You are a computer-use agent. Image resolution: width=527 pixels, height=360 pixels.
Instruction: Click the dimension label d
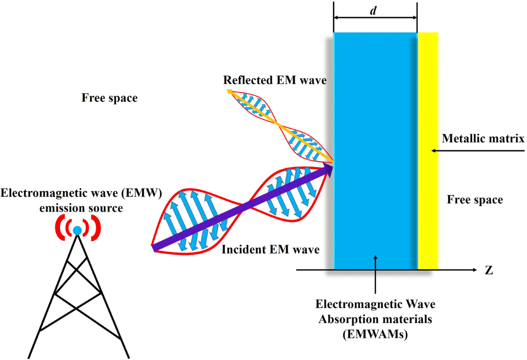373,11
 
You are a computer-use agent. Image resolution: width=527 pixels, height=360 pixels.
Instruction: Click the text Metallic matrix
483,139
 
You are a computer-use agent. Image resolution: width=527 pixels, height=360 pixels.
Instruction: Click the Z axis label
489,270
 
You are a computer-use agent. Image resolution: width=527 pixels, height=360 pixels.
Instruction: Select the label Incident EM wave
270,250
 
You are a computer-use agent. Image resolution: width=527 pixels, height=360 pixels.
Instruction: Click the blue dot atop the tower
77,230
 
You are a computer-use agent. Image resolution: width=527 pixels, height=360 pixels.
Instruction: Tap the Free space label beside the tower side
109,98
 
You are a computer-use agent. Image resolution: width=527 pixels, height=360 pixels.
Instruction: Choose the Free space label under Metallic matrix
475,200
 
